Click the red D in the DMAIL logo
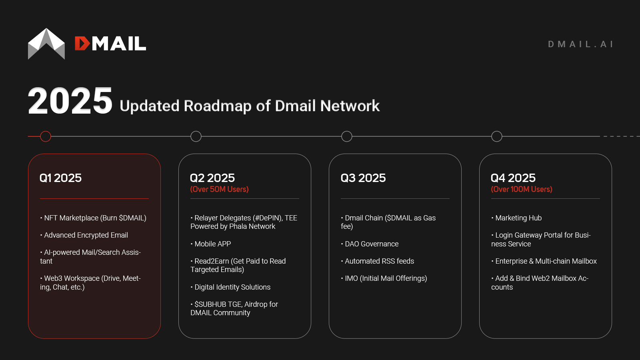click(x=82, y=44)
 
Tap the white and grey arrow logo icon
click(x=46, y=44)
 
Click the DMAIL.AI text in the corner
click(x=580, y=44)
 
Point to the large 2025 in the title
click(x=70, y=101)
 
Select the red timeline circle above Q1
click(x=46, y=136)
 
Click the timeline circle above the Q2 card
click(x=196, y=136)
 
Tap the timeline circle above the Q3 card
click(x=347, y=136)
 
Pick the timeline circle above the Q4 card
click(x=497, y=136)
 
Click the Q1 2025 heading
click(x=60, y=178)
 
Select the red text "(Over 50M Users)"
click(x=219, y=189)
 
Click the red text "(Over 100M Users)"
click(x=522, y=189)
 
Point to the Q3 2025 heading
click(x=363, y=178)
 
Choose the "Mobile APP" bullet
click(x=212, y=244)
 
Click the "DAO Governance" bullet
click(x=372, y=244)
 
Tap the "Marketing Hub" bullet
click(x=518, y=218)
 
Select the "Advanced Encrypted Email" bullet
click(x=86, y=235)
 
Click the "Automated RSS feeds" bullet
click(x=379, y=261)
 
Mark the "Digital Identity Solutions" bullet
click(x=232, y=287)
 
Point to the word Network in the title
click(x=350, y=106)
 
